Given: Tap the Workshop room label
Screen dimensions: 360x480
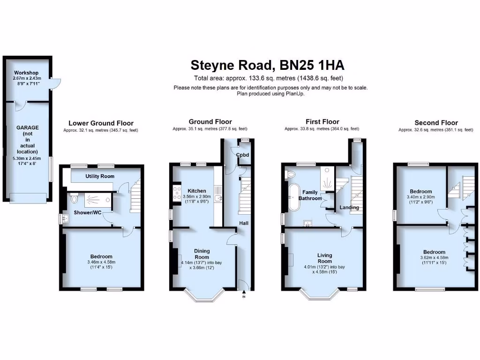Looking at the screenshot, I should [x=26, y=73].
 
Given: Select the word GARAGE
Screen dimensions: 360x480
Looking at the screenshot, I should [x=28, y=127].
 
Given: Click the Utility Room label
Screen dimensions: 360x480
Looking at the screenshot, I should [x=100, y=176].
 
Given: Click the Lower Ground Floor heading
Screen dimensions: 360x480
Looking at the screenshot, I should [x=101, y=123].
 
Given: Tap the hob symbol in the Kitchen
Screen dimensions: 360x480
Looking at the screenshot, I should [x=178, y=193].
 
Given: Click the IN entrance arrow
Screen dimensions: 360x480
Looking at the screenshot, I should [x=243, y=293].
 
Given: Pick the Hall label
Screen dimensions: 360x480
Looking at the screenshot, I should [x=244, y=223].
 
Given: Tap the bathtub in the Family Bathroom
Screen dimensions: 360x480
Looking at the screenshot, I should [x=294, y=198].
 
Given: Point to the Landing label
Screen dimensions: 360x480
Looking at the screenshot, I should [x=349, y=208].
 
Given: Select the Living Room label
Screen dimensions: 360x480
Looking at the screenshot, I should [x=324, y=258].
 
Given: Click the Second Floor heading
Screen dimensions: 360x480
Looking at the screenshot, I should [x=436, y=123].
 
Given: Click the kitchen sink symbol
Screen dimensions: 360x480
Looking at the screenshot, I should [x=217, y=199].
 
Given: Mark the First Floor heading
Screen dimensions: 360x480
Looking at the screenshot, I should [x=322, y=122].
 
